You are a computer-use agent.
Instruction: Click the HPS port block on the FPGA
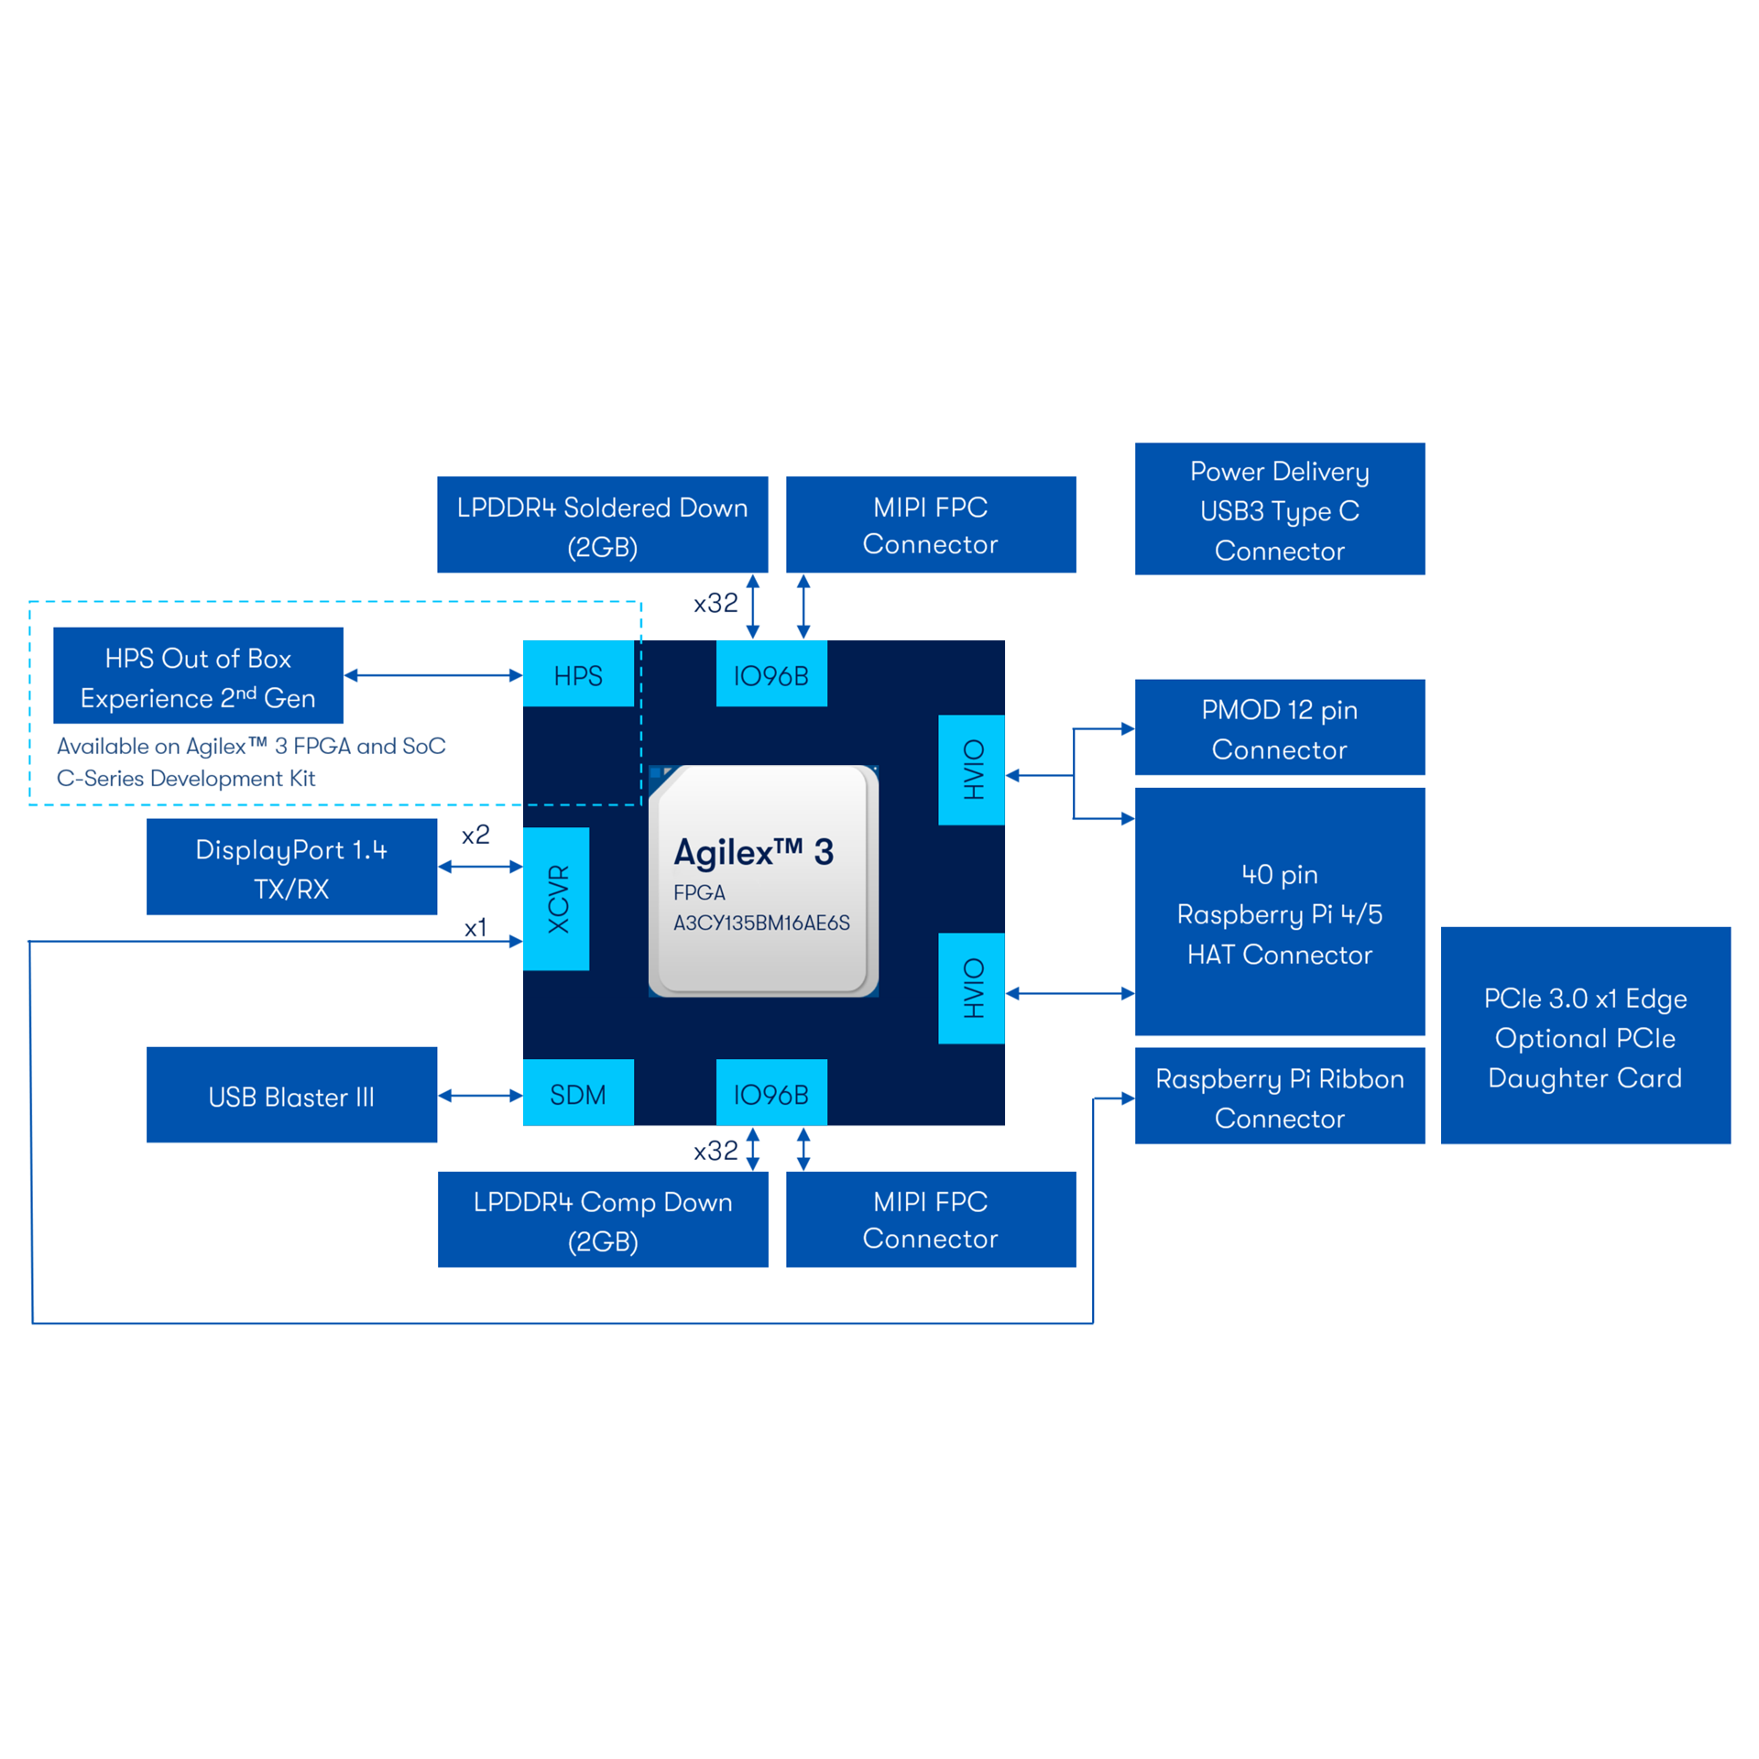[x=577, y=674]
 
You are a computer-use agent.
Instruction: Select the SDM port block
[x=577, y=1093]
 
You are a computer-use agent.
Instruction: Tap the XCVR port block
[x=556, y=898]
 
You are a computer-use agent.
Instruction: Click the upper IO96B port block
[x=770, y=674]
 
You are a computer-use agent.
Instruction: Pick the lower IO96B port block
[x=770, y=1093]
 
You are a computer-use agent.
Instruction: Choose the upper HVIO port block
[x=971, y=770]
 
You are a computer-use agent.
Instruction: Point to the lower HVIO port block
[x=971, y=988]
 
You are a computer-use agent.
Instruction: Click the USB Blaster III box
[x=291, y=1096]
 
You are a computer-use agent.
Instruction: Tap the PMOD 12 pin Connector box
[x=1279, y=727]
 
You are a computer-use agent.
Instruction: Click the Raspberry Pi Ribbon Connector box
[x=1279, y=1097]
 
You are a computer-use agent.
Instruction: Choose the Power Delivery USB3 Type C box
[x=1279, y=509]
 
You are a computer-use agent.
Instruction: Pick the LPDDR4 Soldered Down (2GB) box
[x=602, y=525]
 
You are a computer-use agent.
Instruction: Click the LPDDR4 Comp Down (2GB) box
[x=602, y=1219]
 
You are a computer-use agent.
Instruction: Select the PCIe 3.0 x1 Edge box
[x=1585, y=1036]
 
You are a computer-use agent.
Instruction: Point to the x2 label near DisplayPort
[x=475, y=835]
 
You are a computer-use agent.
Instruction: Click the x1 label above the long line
[x=475, y=928]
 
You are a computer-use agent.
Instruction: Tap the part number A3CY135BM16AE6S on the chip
[x=761, y=923]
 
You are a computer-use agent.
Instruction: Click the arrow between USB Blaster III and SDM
[x=480, y=1096]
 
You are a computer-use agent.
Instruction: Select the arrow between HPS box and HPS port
[x=433, y=675]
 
